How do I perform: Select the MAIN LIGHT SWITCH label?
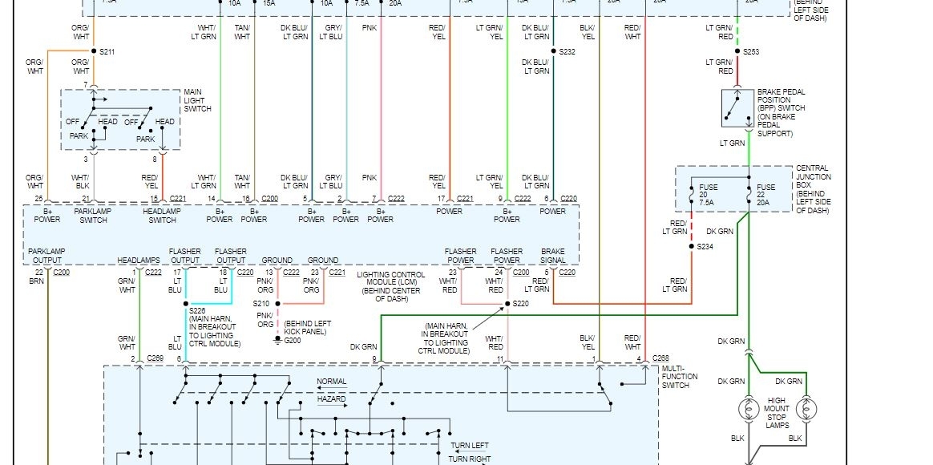point(197,100)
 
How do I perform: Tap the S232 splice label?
point(567,52)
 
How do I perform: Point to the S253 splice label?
point(750,52)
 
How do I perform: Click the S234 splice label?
point(704,247)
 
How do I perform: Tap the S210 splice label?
point(261,304)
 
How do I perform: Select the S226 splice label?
point(197,311)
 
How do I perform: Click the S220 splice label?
point(520,304)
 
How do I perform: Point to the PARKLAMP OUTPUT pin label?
point(46,255)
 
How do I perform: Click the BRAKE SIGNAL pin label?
point(552,255)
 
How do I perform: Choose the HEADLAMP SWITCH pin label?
point(162,215)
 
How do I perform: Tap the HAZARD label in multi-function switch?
point(331,398)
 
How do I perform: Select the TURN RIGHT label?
point(469,459)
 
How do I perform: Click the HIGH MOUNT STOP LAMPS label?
point(777,412)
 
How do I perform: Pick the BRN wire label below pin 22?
point(37,281)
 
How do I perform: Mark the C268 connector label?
point(660,358)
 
